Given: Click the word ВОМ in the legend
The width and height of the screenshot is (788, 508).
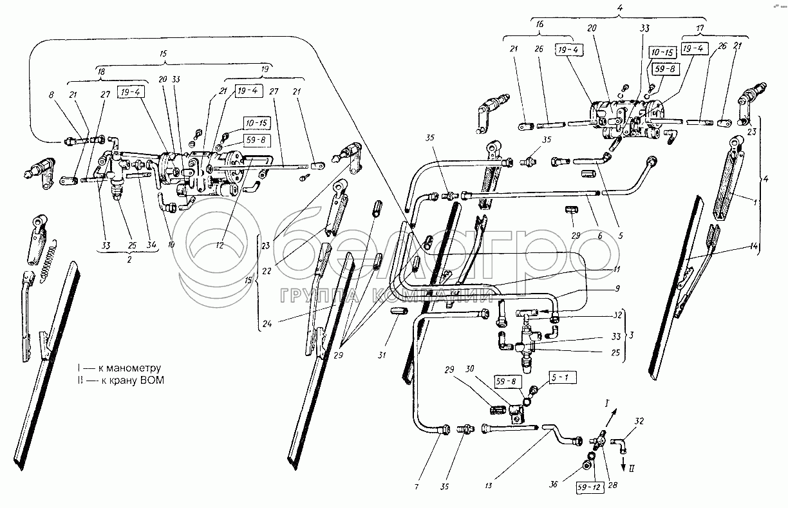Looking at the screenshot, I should pos(153,381).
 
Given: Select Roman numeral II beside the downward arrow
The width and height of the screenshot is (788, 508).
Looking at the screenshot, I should pos(633,470).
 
